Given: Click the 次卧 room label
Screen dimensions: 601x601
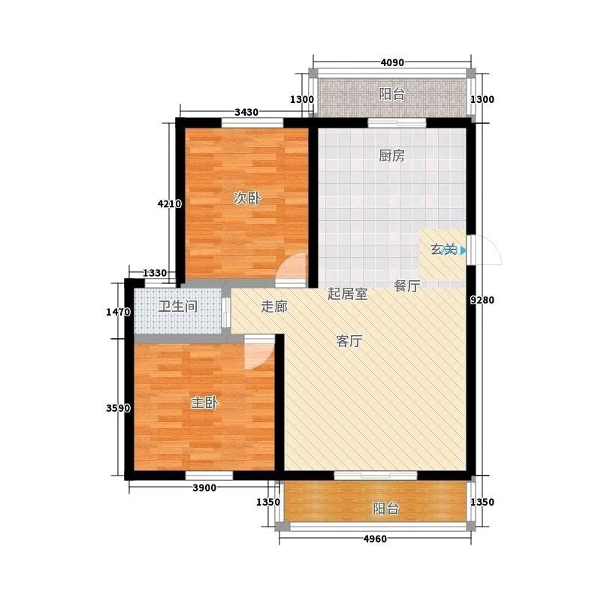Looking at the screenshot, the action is click(247, 198).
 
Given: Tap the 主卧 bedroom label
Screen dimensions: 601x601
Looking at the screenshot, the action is click(204, 403).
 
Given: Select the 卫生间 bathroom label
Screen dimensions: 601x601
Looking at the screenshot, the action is click(178, 307).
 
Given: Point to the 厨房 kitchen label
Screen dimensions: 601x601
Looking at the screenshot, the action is click(391, 156).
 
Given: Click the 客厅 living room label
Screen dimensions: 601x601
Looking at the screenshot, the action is click(349, 341).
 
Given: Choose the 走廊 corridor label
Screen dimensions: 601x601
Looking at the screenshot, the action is click(274, 307).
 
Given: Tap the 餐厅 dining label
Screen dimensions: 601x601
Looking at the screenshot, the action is click(407, 285).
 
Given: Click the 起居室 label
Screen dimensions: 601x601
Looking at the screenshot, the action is click(347, 294).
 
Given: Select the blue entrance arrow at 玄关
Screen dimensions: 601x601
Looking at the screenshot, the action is click(464, 251).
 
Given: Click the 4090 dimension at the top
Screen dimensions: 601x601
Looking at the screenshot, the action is click(392, 62).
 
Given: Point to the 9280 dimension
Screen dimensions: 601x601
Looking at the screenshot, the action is click(482, 300).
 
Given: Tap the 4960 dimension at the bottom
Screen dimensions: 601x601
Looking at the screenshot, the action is click(375, 539).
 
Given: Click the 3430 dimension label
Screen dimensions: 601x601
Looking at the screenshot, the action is click(246, 112).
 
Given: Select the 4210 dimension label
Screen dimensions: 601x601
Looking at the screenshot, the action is click(170, 204).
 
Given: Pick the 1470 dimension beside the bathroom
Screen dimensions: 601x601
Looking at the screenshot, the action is click(118, 313).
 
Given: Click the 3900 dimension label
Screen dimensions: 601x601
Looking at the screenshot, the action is click(204, 488).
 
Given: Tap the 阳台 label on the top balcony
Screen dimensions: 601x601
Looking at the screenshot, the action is click(391, 94).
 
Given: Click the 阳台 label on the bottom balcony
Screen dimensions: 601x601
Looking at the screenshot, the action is click(386, 509).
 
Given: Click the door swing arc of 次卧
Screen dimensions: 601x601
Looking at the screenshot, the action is click(285, 261).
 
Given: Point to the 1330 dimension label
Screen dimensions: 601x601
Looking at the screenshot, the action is click(155, 273).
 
